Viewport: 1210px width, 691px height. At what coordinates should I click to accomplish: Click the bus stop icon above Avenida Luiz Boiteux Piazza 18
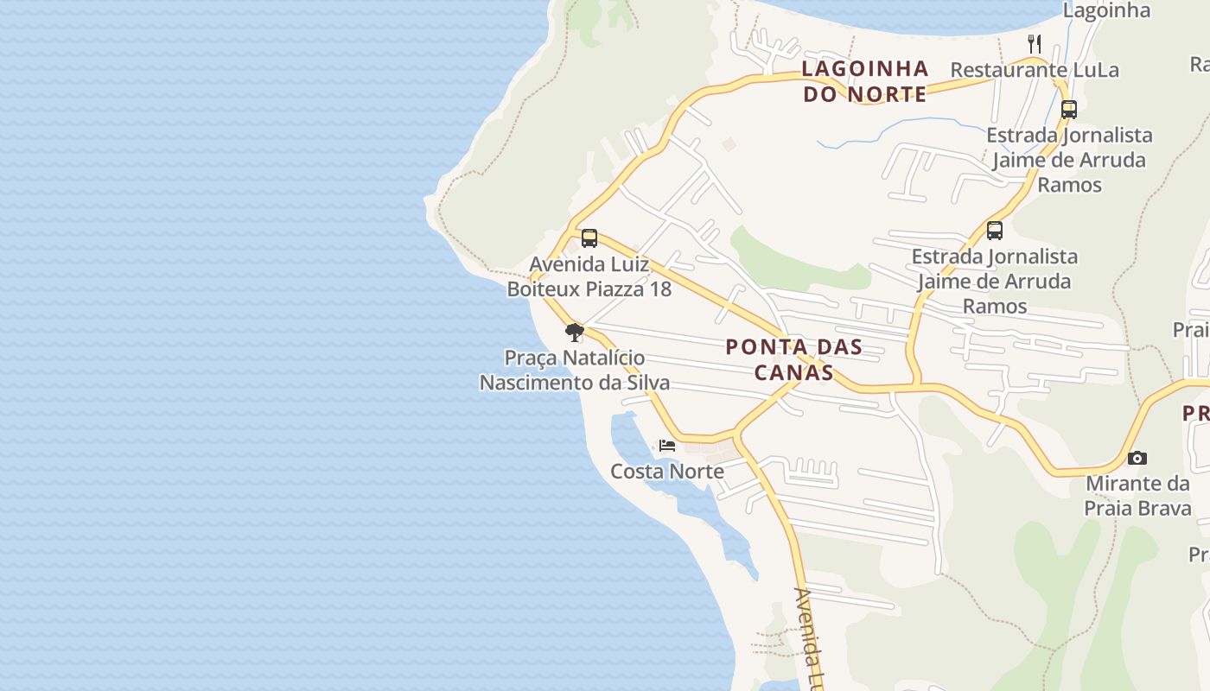point(589,238)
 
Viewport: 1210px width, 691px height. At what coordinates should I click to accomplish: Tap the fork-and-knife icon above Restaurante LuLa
point(1035,42)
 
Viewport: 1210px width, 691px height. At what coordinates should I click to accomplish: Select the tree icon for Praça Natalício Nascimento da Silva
point(574,333)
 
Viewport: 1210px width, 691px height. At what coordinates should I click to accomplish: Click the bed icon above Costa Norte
point(666,446)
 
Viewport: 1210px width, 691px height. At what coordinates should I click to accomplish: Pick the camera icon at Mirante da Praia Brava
point(1137,458)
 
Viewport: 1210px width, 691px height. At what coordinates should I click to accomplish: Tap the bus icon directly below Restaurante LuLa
point(1069,110)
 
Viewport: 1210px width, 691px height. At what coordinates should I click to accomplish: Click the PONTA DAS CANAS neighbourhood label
point(793,359)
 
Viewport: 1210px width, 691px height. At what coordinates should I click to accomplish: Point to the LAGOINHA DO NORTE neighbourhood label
point(865,81)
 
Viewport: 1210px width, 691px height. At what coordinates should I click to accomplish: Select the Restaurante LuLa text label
point(1035,70)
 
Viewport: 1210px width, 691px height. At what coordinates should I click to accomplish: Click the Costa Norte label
point(667,472)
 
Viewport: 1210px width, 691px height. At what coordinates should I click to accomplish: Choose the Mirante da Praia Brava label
point(1138,495)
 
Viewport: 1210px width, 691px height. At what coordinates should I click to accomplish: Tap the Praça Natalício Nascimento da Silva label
point(575,370)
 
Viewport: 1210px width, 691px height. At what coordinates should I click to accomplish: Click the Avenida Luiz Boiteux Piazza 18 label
point(589,276)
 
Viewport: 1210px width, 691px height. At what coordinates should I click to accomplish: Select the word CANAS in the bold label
point(793,373)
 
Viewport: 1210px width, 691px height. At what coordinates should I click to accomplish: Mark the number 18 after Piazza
point(660,289)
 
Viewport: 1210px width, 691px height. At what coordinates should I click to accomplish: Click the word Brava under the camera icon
point(1163,508)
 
